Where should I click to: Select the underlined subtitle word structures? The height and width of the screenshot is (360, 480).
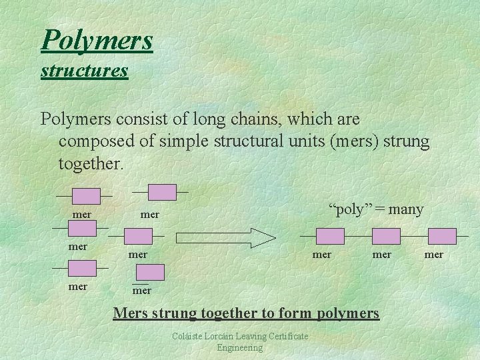click(84, 70)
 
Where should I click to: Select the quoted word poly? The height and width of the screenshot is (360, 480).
click(350, 209)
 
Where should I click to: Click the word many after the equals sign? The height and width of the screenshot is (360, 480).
click(405, 209)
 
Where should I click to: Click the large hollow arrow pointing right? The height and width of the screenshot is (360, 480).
click(226, 237)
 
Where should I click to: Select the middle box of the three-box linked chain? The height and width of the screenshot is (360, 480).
click(386, 236)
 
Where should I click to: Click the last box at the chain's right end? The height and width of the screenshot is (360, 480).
click(442, 236)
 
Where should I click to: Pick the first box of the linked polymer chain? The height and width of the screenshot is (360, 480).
click(330, 236)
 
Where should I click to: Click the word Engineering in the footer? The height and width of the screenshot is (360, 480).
click(240, 347)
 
